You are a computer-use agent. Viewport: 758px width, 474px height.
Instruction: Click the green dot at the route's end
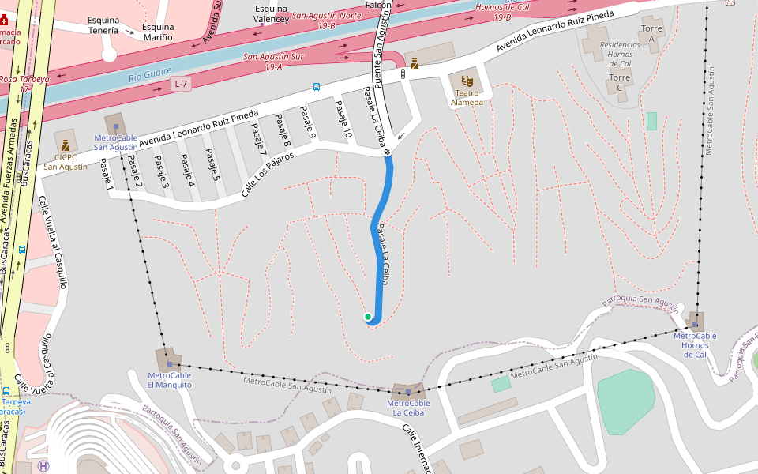368,317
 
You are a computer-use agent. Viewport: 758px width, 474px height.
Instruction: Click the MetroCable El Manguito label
169,380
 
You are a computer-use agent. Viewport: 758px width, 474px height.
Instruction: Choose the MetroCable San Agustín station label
116,142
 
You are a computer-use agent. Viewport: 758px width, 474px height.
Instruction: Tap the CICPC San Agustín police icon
65,145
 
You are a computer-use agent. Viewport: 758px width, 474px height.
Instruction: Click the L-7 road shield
182,84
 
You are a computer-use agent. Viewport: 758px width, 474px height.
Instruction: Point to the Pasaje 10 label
343,120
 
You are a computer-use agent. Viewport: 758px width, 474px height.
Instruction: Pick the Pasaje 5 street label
212,164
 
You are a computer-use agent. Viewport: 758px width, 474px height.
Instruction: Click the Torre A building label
651,33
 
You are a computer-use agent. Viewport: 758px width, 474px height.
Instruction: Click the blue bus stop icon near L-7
316,87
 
